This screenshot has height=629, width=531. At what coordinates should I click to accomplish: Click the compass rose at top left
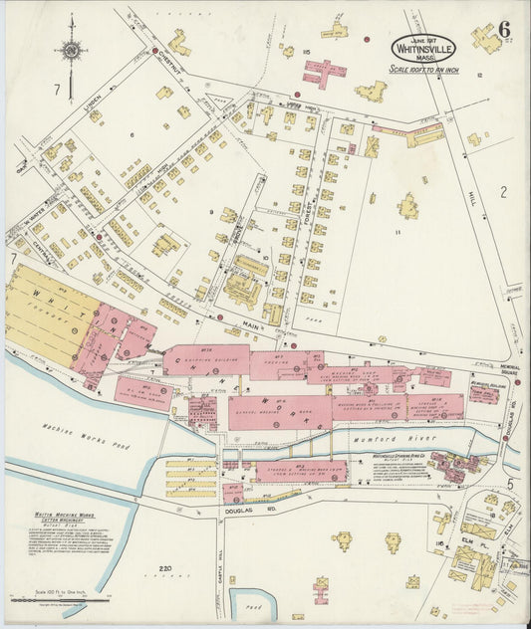point(72,50)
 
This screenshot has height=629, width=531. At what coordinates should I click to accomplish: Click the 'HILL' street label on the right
point(470,197)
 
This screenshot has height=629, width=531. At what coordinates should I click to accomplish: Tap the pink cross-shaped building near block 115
point(325,73)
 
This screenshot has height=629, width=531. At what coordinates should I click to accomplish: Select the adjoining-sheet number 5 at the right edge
point(508,484)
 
